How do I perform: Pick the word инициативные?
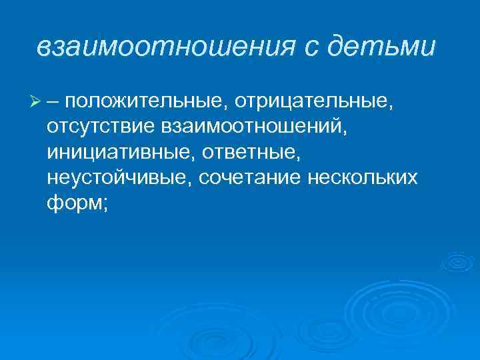pos(109,153)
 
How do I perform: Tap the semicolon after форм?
pos(105,205)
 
